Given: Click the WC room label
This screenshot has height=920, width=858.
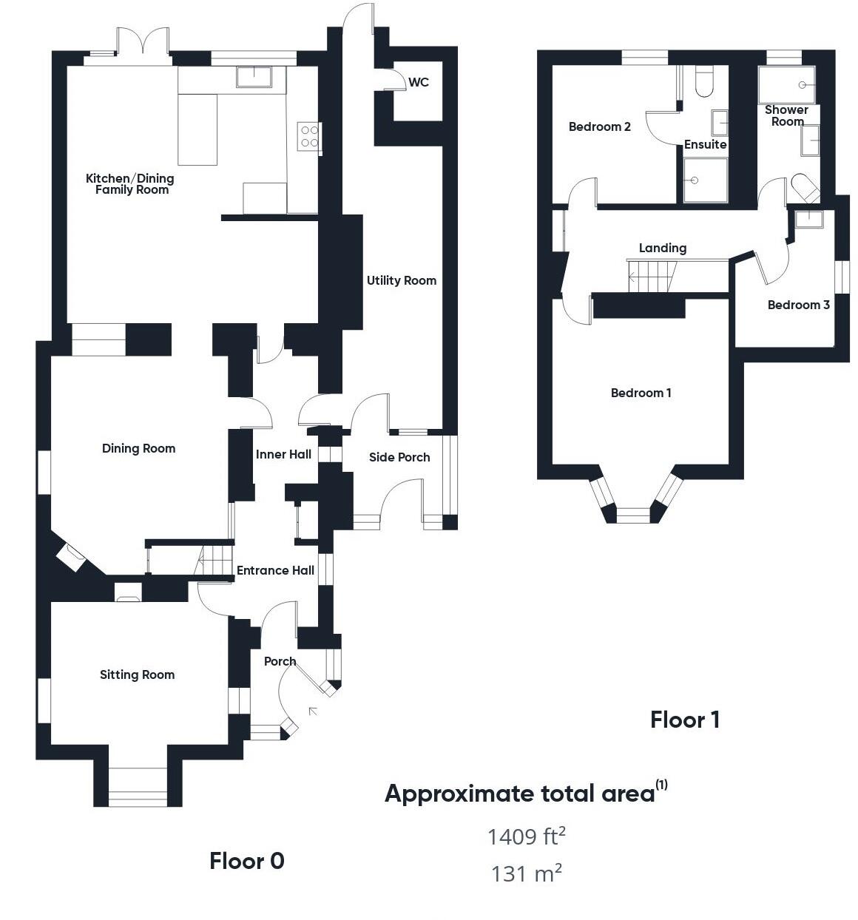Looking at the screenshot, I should click(419, 82).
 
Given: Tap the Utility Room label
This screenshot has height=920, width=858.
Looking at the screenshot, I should click(402, 280).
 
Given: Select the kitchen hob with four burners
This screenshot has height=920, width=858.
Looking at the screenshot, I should click(310, 137).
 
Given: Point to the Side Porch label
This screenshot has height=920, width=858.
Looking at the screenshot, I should click(399, 457).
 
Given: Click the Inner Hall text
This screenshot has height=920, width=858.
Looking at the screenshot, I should click(283, 454).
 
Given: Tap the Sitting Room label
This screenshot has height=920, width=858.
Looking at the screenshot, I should click(138, 674).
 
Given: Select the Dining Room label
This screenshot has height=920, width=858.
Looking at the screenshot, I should click(139, 448).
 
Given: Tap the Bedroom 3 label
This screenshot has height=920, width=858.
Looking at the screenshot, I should click(798, 305).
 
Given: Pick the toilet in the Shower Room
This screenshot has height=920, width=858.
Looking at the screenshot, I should click(805, 188).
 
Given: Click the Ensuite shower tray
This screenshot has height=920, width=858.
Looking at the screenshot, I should click(705, 180).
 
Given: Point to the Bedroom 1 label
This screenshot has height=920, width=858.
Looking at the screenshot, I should click(641, 393).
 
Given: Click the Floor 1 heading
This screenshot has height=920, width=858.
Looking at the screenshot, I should click(685, 719).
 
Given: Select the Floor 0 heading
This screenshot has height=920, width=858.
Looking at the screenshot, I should click(247, 861).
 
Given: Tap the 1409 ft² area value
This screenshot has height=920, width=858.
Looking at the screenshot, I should click(526, 836).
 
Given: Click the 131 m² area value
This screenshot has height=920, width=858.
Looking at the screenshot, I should click(526, 873).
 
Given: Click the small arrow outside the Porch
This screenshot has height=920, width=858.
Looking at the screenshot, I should click(313, 711).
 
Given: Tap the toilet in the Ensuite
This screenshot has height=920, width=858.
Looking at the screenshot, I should click(704, 81).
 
